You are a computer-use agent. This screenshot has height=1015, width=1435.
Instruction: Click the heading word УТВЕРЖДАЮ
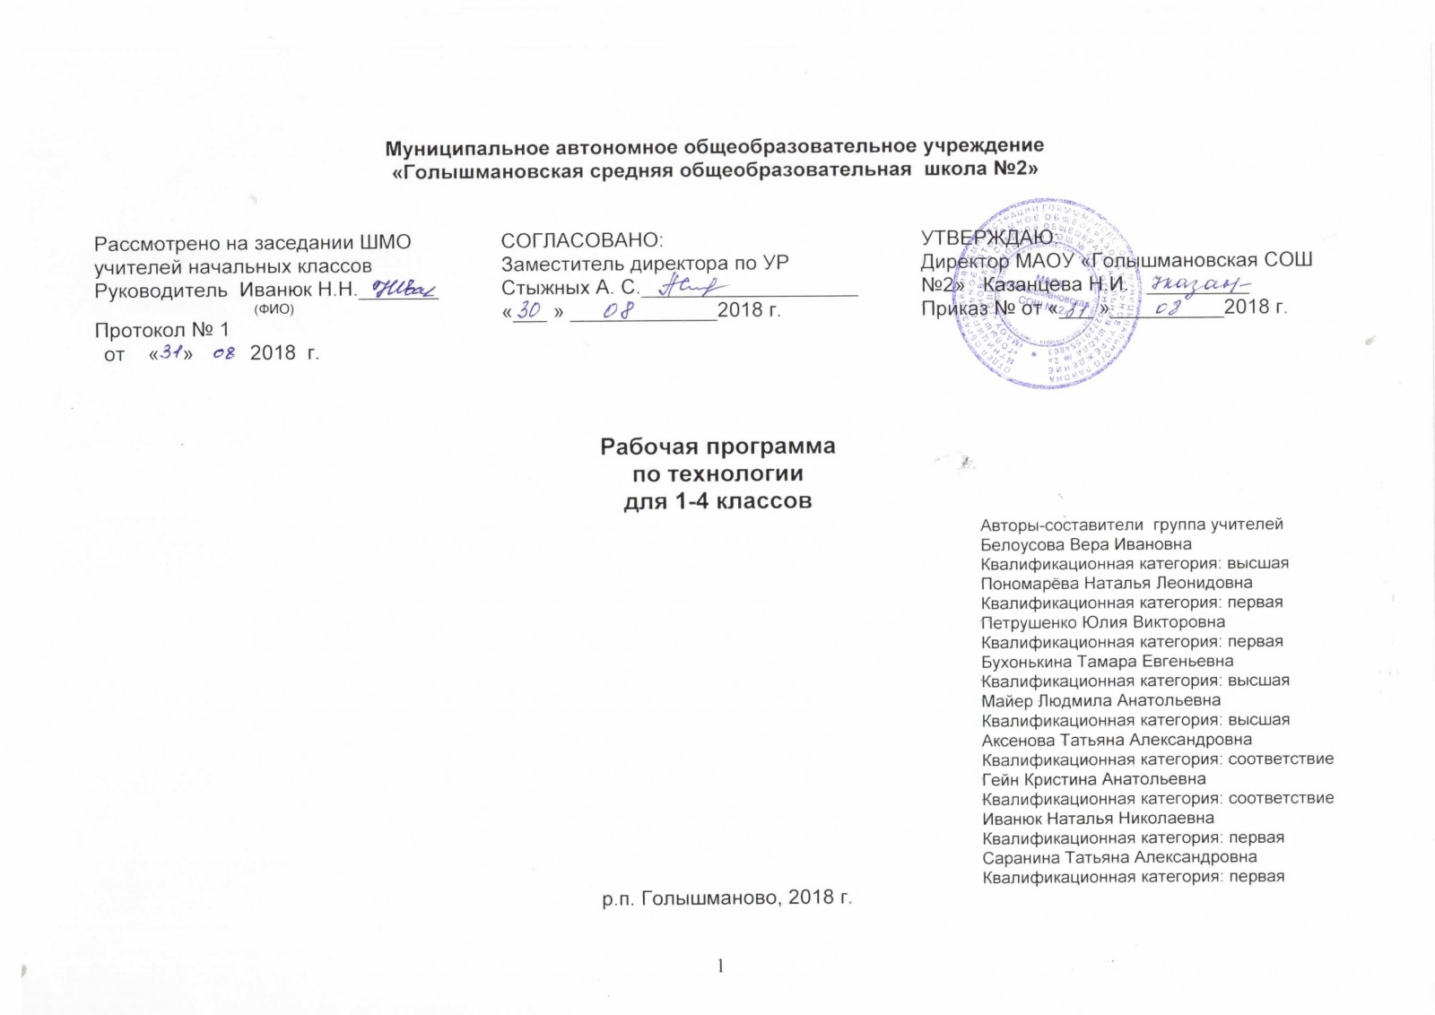[x=987, y=238]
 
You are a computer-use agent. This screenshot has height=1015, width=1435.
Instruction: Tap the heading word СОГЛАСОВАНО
[x=581, y=240]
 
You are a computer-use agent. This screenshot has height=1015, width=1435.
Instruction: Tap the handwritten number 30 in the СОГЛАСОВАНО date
[x=532, y=310]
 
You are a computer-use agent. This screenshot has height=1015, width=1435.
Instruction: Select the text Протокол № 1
[x=161, y=330]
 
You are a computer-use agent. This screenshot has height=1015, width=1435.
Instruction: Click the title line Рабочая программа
[x=717, y=447]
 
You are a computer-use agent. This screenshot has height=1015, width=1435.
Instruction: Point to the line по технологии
[x=717, y=473]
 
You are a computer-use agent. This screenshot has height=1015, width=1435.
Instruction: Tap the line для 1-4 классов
[x=717, y=501]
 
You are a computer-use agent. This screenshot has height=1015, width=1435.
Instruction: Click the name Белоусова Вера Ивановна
[x=1086, y=544]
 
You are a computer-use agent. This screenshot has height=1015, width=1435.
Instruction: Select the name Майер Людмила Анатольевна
[x=1100, y=700]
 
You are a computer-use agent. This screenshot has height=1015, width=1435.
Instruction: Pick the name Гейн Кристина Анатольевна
[x=1093, y=779]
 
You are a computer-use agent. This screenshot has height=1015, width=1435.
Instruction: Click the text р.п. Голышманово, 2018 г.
[x=726, y=898]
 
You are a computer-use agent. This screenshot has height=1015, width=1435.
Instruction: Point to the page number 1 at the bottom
[x=719, y=966]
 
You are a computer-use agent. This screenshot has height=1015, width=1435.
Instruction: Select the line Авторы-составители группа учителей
[x=1132, y=525]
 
